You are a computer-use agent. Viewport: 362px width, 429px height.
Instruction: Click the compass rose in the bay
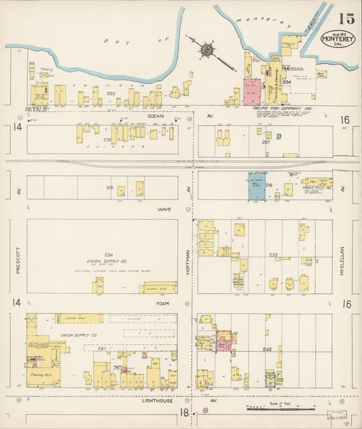[x=206, y=50]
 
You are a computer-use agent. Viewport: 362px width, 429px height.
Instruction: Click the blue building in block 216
[x=256, y=185]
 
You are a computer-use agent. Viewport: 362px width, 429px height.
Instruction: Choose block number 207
[x=266, y=143]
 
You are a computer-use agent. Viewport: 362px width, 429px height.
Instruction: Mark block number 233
[x=274, y=255]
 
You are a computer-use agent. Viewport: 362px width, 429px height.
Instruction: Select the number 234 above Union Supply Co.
[x=107, y=255]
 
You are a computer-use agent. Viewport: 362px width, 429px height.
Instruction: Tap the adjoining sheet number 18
[x=183, y=411]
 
